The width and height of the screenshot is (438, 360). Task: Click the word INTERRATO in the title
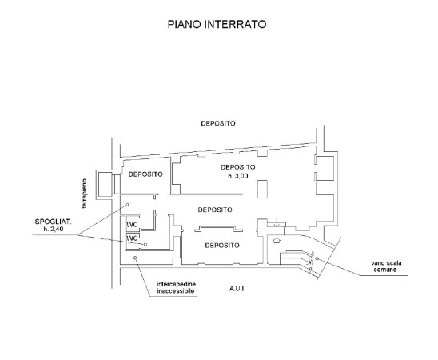[x=236, y=24]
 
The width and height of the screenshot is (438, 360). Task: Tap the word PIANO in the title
[x=185, y=24]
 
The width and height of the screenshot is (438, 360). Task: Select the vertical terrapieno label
[x=84, y=194]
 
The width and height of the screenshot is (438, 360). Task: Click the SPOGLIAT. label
[x=53, y=222]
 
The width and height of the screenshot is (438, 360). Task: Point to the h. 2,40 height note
[x=54, y=230]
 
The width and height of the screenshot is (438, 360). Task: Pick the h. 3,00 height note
[x=238, y=176]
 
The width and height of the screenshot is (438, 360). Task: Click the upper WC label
[x=132, y=225]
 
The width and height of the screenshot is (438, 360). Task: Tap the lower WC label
[x=132, y=238]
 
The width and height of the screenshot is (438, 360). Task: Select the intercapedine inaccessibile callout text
[x=177, y=288]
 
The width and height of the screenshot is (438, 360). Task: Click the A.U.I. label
[x=237, y=289]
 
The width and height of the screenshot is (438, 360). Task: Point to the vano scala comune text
[x=386, y=266]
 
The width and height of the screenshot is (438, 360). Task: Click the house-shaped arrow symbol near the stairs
[x=277, y=240]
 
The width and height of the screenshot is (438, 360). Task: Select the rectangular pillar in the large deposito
[x=262, y=190]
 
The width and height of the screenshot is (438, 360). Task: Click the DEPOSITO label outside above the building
[x=218, y=123]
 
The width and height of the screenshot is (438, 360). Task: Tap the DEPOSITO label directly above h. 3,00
[x=238, y=167]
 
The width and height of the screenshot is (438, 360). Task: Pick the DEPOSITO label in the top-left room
[x=145, y=174]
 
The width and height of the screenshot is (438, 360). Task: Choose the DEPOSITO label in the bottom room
[x=222, y=246]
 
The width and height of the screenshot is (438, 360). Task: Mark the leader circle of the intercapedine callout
[x=135, y=258]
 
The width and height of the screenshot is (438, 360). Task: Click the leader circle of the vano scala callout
[x=317, y=259]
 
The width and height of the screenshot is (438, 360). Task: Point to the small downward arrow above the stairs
[x=277, y=223]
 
